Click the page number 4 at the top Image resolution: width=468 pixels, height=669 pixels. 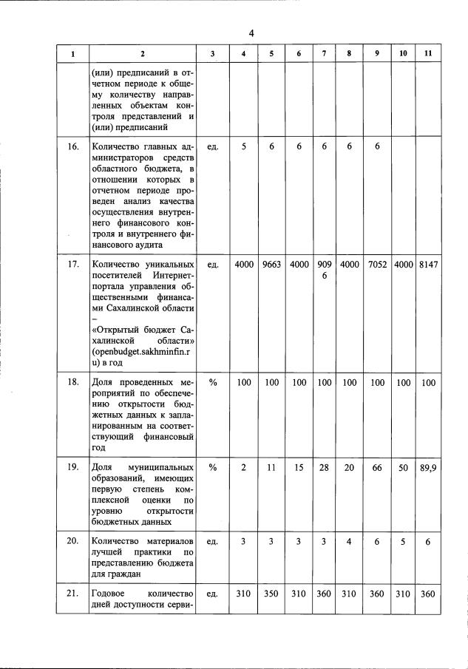pyautogui.click(x=251, y=33)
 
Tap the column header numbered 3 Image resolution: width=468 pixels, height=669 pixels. pyautogui.click(x=213, y=55)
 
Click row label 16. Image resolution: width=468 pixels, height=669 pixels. pyautogui.click(x=73, y=147)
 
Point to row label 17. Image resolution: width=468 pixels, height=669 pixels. pyautogui.click(x=73, y=264)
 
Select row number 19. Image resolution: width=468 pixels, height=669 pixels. pyautogui.click(x=73, y=468)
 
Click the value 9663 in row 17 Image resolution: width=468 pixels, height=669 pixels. pyautogui.click(x=271, y=264)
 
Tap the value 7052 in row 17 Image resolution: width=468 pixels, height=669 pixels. pyautogui.click(x=377, y=264)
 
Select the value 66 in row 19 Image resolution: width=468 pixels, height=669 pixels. pyautogui.click(x=377, y=468)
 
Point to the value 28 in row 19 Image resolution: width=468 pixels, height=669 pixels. pyautogui.click(x=324, y=468)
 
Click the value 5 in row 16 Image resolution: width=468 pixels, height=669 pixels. pyautogui.click(x=243, y=147)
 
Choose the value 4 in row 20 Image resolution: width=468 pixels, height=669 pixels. pyautogui.click(x=348, y=541)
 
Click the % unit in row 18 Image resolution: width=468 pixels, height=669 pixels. pyautogui.click(x=213, y=382)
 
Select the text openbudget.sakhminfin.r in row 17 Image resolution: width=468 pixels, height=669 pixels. pyautogui.click(x=142, y=353)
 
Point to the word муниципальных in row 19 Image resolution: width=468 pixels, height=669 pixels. pyautogui.click(x=160, y=468)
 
